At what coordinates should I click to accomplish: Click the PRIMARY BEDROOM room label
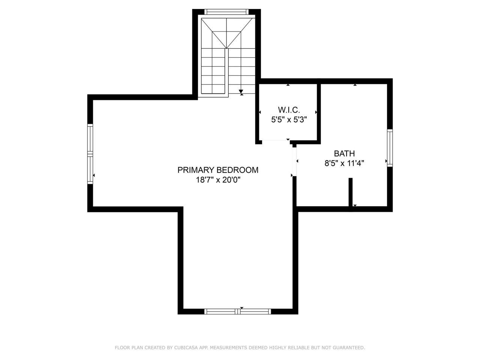(218, 170)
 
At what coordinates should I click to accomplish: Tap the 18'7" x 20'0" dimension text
(218, 180)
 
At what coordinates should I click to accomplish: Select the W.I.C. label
(289, 110)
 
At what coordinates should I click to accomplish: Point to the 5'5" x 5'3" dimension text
(289, 120)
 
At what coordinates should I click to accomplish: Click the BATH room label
(344, 153)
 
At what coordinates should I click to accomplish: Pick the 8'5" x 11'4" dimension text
(344, 163)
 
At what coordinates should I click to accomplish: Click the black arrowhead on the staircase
(241, 91)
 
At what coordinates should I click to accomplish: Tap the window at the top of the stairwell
(226, 12)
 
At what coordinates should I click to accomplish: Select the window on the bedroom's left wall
(90, 154)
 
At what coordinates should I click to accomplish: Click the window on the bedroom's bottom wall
(237, 311)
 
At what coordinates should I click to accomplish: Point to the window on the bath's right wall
(390, 147)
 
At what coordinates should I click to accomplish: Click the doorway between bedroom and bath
(295, 161)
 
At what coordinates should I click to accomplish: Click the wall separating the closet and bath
(319, 112)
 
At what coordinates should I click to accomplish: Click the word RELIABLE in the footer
(298, 348)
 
